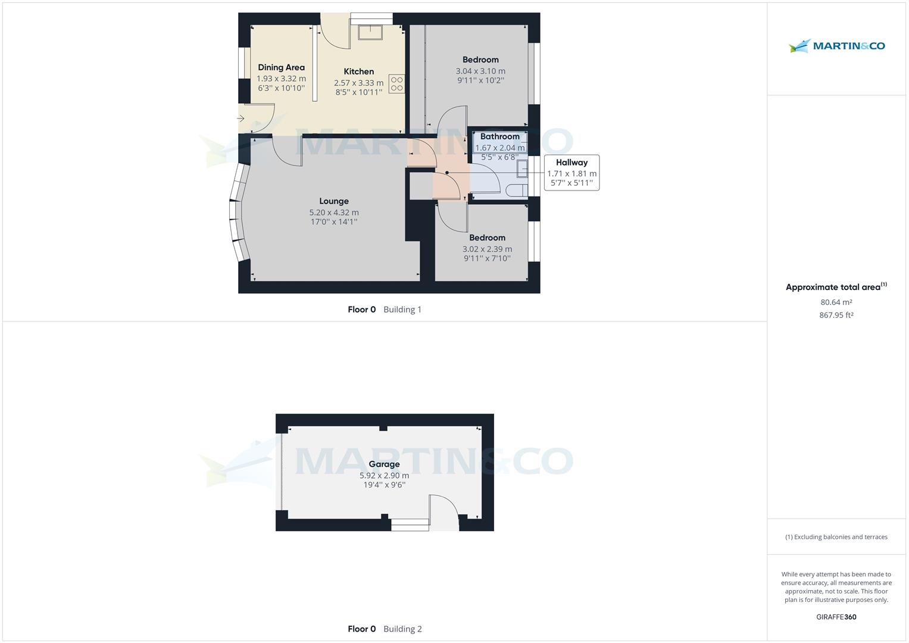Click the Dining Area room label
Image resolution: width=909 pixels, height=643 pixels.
click(x=281, y=67)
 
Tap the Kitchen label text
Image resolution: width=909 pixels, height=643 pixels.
click(x=359, y=71)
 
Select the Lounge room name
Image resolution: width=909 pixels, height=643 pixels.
click(x=333, y=201)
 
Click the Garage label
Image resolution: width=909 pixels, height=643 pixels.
click(x=384, y=464)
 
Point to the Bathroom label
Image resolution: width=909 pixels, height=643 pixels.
click(x=499, y=136)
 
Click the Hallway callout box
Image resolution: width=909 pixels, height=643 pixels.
click(x=571, y=173)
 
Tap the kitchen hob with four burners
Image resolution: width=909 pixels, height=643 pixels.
click(x=397, y=84)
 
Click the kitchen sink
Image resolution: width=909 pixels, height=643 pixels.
click(x=370, y=33)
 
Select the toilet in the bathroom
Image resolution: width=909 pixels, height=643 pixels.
click(x=517, y=191)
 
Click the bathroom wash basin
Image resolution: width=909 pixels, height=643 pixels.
click(x=522, y=168)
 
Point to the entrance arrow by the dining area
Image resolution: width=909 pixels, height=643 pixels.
click(x=240, y=118)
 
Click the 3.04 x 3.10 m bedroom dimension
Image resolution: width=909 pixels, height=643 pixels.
click(x=480, y=71)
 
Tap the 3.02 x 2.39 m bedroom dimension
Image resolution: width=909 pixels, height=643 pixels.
click(x=487, y=249)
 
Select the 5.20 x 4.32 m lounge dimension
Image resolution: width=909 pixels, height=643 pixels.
click(x=333, y=213)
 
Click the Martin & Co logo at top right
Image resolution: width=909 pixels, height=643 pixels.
click(x=836, y=46)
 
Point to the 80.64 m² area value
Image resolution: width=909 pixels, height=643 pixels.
click(x=836, y=302)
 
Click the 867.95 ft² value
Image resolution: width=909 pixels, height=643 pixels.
click(x=836, y=315)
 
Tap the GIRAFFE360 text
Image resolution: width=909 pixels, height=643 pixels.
click(x=836, y=617)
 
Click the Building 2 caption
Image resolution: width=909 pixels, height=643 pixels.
click(x=402, y=629)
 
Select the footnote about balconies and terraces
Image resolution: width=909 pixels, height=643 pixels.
click(x=836, y=536)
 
